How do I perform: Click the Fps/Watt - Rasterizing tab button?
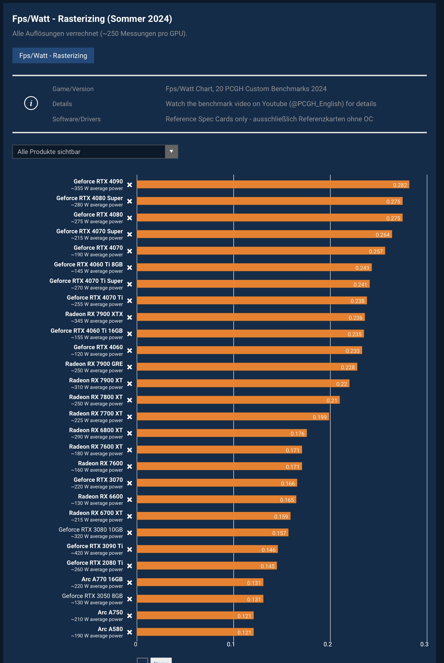point(53,55)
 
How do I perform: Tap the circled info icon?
point(31,103)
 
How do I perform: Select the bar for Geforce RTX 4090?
point(273,185)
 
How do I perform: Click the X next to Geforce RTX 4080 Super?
point(129,201)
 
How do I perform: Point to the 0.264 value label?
point(382,235)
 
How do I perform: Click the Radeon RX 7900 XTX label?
point(94,314)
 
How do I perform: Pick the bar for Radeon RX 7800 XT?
point(238,400)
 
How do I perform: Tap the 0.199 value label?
point(319,417)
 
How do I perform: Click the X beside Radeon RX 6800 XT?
point(129,433)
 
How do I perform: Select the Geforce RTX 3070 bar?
point(217,483)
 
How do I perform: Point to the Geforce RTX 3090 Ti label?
point(95,546)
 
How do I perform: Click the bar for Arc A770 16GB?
point(200,582)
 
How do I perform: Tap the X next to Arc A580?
point(129,632)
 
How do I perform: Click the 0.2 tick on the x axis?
point(328,644)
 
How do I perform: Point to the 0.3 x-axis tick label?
point(424,644)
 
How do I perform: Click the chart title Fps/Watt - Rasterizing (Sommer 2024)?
point(92,19)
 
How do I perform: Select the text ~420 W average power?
point(97,553)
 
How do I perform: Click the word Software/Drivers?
point(76,119)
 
